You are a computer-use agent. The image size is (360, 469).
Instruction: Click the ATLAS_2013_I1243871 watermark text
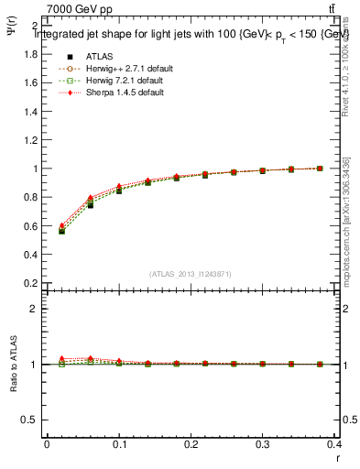click(x=191, y=274)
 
